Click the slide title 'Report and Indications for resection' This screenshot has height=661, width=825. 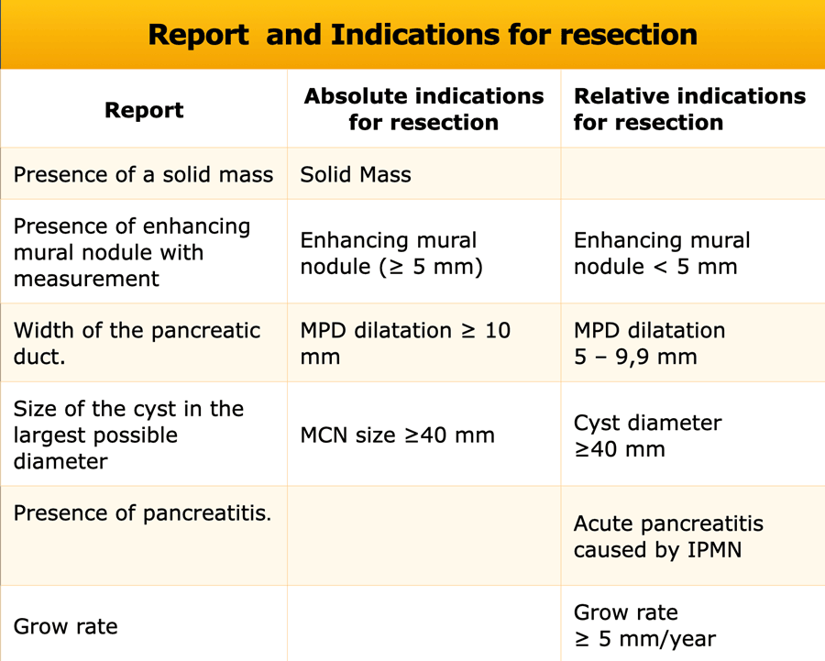tap(423, 35)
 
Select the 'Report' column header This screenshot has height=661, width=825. tap(144, 110)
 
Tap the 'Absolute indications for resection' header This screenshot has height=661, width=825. tap(423, 109)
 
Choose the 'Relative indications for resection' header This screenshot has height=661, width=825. tap(689, 109)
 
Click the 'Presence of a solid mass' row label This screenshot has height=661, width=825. tap(143, 174)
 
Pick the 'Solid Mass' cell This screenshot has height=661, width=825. tap(356, 174)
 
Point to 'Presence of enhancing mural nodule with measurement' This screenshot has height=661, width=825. tap(131, 252)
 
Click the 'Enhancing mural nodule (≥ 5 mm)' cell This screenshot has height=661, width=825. tap(391, 253)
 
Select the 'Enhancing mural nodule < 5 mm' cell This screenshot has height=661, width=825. tap(662, 253)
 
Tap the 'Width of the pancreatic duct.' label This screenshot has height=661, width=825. tap(137, 343)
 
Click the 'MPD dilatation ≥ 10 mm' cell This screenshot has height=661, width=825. tap(405, 343)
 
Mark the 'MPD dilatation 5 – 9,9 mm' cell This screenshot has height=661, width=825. tap(649, 343)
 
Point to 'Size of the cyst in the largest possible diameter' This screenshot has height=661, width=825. tap(128, 435)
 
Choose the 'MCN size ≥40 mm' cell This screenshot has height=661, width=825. tap(397, 435)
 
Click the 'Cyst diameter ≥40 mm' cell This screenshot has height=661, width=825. tap(648, 435)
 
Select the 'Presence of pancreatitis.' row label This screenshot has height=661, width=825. tap(142, 513)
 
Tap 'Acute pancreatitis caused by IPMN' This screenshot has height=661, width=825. tap(668, 536)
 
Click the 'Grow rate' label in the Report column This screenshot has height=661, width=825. tap(66, 626)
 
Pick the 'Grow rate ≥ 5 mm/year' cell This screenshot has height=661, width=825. tap(644, 625)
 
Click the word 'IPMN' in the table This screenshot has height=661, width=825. tap(714, 550)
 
